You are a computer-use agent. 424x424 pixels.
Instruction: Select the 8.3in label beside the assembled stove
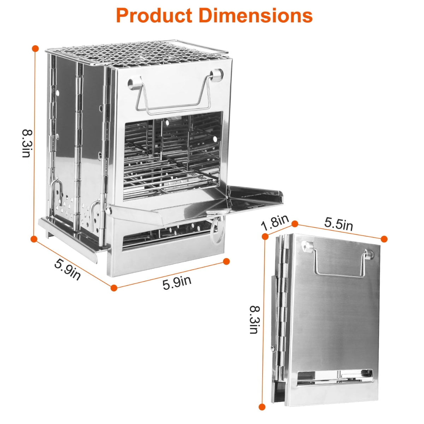click(x=27, y=143)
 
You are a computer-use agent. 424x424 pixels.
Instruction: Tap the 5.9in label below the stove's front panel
click(x=177, y=283)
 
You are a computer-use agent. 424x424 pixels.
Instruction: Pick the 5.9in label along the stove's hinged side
click(x=67, y=269)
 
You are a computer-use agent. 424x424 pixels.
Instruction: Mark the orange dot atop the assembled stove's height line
click(x=35, y=48)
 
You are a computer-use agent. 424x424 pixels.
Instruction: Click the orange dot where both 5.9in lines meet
click(x=113, y=288)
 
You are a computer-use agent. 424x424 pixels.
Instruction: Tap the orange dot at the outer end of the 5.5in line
click(x=384, y=239)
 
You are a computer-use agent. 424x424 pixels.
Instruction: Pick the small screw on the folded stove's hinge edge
click(x=273, y=349)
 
